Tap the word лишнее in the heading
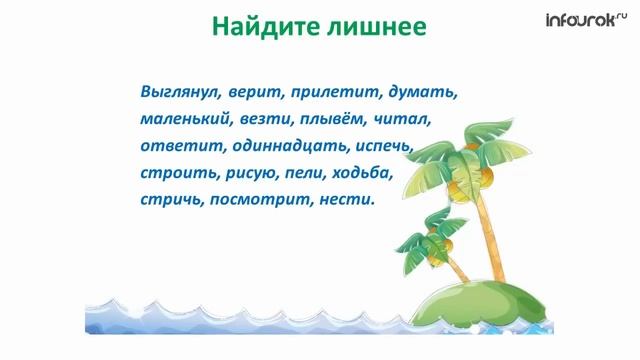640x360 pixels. [x=377, y=25]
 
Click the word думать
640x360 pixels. [x=424, y=92]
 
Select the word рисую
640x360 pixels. [x=250, y=173]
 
